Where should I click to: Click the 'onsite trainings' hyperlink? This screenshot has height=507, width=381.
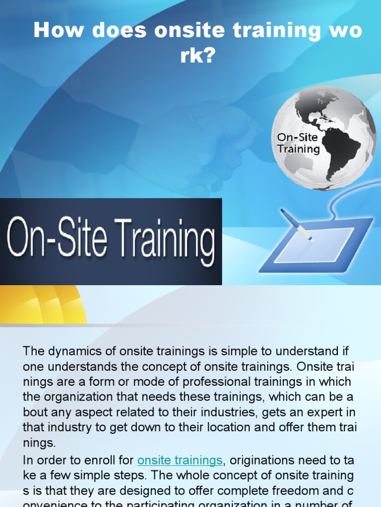180,460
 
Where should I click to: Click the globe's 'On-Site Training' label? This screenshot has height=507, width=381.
298,143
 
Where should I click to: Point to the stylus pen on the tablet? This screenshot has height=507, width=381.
296,224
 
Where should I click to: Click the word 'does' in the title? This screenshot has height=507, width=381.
123,31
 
